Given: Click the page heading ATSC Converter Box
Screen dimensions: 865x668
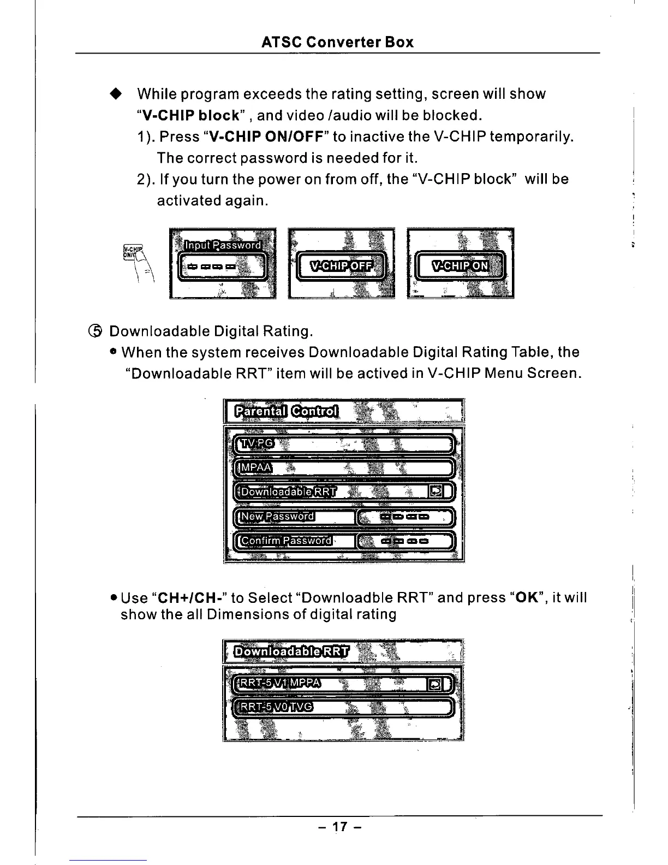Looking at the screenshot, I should point(337,42).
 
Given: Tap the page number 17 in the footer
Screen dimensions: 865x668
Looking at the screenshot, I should point(339,827).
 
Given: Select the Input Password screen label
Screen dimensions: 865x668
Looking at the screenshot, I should point(223,245).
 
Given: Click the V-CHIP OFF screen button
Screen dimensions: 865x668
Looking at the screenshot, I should point(341,266).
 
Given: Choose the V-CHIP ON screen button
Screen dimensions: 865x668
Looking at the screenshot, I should point(460,266).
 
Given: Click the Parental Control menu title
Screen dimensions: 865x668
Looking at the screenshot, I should point(287,411).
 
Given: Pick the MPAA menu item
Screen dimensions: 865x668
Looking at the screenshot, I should point(254,467).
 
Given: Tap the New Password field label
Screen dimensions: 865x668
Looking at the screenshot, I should point(278,517).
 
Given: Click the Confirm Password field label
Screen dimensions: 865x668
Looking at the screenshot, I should point(287,541).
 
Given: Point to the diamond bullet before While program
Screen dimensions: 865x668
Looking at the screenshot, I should point(115,94).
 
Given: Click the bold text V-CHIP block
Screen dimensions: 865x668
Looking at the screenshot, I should point(190,116).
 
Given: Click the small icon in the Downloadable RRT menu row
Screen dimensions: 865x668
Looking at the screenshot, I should point(436,492).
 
